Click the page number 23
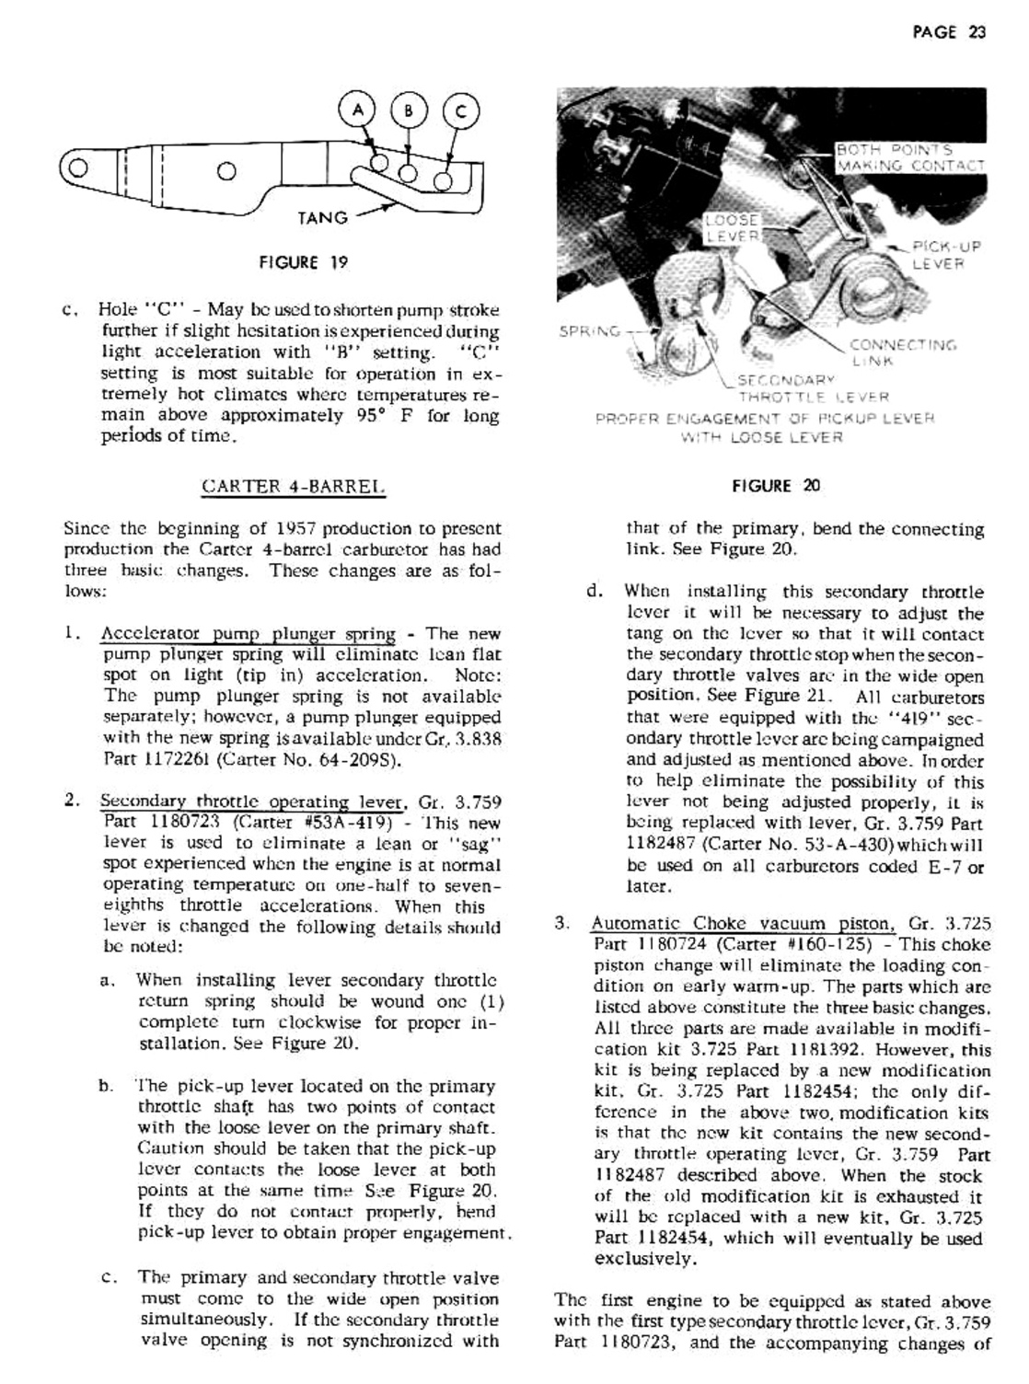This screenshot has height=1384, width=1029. click(977, 32)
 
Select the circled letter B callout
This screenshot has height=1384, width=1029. click(410, 111)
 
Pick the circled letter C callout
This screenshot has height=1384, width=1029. click(461, 111)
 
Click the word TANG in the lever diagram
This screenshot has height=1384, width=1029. click(322, 218)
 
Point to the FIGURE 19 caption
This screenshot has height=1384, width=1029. click(304, 262)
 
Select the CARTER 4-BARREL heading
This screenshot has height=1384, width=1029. click(291, 486)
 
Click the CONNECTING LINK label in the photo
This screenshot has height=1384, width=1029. click(902, 353)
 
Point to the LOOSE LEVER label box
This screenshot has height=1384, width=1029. click(732, 228)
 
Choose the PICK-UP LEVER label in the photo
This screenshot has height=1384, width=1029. click(943, 255)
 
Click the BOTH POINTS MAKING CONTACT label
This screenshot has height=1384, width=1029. click(909, 157)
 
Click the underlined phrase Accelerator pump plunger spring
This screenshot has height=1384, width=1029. click(248, 634)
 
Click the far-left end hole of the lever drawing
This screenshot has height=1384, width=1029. click(77, 168)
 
